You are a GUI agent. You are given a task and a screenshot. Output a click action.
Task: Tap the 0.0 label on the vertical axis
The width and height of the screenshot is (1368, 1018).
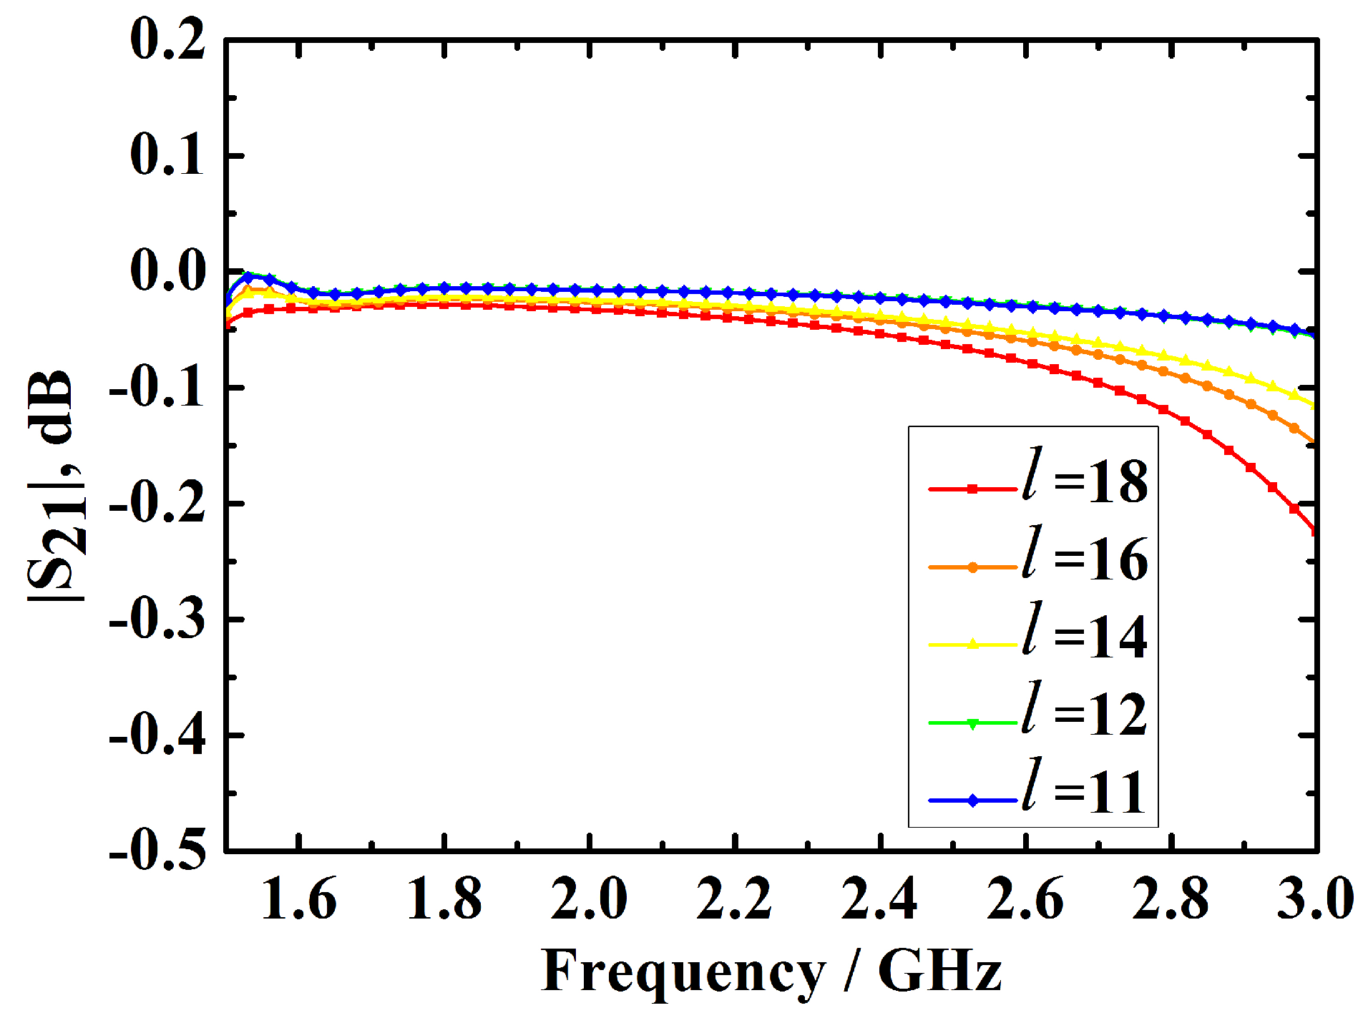pos(167,272)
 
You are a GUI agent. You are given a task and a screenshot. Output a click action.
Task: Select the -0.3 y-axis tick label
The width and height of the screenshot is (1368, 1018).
pos(157,620)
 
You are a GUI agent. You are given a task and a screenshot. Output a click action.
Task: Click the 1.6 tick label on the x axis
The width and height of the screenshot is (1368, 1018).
pos(298,899)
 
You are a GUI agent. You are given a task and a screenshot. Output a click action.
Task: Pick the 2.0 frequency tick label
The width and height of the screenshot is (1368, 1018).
pos(589,899)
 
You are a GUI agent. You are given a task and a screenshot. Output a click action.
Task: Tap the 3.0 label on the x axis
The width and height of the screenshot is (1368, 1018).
pos(1315,899)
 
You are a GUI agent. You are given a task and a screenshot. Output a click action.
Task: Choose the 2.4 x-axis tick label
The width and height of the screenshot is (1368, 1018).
pos(879,899)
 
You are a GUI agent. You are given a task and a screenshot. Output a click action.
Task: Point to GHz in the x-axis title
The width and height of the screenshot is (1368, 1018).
pos(939,971)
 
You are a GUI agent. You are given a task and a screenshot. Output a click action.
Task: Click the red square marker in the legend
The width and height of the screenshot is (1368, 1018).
pos(972,489)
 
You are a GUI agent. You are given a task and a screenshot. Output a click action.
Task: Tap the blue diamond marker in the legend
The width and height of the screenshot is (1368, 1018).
pos(972,801)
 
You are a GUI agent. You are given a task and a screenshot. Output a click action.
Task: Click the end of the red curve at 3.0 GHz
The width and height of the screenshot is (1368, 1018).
pos(1314,530)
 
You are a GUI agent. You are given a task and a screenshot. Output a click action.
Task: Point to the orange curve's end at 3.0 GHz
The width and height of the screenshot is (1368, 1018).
pos(1314,441)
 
